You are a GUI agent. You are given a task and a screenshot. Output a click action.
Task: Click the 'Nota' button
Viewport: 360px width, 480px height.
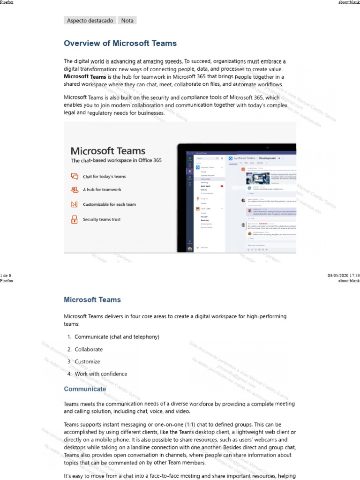(x=127, y=20)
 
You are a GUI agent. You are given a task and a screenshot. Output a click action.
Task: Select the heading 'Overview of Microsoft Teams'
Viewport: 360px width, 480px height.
(x=120, y=44)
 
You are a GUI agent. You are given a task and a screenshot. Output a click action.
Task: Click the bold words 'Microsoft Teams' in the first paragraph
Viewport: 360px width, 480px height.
(x=85, y=77)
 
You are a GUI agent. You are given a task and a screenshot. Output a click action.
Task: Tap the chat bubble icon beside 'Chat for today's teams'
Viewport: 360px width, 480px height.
(x=74, y=177)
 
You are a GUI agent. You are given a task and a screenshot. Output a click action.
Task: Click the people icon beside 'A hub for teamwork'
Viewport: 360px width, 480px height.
(x=74, y=190)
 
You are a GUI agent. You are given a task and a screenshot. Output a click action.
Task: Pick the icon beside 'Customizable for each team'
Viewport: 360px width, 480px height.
(x=74, y=204)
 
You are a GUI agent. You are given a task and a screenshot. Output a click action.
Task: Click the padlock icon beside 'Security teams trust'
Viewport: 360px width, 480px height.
(x=74, y=219)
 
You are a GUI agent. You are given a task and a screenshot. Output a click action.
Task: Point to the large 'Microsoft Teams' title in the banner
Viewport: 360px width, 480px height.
(x=108, y=151)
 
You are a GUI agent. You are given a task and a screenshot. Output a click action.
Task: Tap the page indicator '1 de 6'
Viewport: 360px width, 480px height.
(x=6, y=275)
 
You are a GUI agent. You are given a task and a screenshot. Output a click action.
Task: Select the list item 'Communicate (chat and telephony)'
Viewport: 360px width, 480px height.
(x=117, y=337)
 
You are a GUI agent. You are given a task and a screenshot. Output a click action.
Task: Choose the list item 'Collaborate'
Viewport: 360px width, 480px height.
(x=89, y=349)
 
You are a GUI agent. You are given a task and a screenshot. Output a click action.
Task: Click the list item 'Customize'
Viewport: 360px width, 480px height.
(x=87, y=362)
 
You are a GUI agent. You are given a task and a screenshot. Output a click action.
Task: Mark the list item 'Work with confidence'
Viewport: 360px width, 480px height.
(x=101, y=374)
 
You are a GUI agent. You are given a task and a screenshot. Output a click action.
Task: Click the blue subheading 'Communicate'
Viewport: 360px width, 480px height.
(x=85, y=389)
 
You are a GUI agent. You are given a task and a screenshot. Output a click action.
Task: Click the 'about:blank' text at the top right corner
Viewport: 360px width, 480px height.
(x=349, y=2)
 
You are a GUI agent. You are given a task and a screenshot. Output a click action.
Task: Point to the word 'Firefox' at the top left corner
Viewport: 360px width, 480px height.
(x=7, y=2)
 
